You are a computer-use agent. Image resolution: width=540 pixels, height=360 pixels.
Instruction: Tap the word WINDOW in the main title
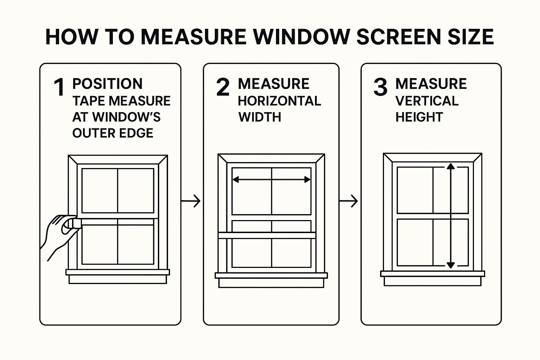coord(301,37)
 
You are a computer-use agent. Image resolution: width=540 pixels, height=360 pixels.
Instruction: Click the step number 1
coord(59,87)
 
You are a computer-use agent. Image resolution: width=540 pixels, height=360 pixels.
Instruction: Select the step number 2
coord(223,87)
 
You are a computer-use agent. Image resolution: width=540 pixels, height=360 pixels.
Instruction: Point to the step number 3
coord(380,87)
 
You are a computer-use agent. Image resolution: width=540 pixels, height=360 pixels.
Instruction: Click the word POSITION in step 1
coord(107,84)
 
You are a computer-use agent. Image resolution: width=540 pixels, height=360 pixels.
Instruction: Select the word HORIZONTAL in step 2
coord(279,101)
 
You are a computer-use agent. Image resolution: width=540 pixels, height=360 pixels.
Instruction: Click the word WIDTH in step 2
coord(260,117)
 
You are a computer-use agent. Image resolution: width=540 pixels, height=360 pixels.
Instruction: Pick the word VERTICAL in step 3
coord(427,101)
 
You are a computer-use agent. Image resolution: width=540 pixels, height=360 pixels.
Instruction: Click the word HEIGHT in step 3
coord(419,117)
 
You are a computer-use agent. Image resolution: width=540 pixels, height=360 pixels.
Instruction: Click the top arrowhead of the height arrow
coord(450,167)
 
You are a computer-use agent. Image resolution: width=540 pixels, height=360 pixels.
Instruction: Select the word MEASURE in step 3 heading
coord(431,84)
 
